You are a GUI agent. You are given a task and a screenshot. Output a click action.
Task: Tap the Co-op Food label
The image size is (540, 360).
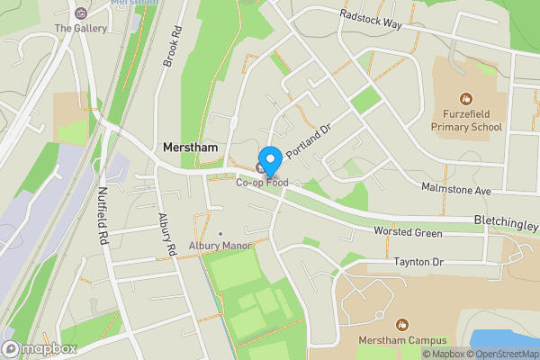tap(263, 183)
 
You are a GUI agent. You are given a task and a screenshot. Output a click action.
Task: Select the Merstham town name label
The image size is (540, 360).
tap(191, 147)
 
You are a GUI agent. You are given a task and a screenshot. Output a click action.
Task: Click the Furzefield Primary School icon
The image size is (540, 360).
tap(466, 98)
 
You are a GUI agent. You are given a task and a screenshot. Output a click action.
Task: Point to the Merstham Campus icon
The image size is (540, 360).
tap(401, 322)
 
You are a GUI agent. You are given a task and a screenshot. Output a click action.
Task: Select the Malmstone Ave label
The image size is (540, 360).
tap(456, 190)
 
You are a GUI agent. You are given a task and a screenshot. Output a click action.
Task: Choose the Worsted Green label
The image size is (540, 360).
tap(408, 233)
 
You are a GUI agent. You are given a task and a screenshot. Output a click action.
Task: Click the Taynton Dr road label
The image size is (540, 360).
tap(419, 262)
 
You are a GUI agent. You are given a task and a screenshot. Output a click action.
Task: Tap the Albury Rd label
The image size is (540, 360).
tap(165, 237)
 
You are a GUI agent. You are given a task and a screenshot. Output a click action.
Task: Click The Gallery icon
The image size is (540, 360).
tap(81, 13)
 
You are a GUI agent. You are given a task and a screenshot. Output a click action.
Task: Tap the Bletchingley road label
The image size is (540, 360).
tap(506, 222)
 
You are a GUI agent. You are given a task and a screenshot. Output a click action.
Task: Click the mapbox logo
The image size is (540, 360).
tap(40, 348)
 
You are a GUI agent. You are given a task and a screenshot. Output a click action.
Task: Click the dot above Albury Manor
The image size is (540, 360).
tap(219, 233)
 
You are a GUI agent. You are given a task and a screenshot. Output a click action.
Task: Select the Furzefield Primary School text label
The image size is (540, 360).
tap(472, 121)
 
